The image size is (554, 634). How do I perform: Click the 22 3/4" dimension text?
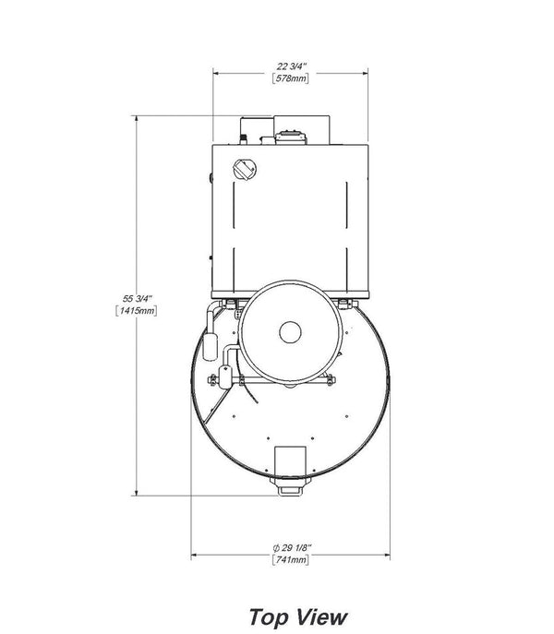coord(292,66)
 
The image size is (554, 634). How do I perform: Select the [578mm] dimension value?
coord(291,78)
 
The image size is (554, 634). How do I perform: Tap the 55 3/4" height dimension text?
coord(138,299)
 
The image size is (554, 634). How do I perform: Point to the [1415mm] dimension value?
coord(137,311)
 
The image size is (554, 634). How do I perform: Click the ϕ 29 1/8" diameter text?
coord(292,548)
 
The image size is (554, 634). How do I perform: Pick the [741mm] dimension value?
coord(291,560)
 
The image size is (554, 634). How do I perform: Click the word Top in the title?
coord(269,617)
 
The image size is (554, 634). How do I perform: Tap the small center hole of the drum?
coord(290,332)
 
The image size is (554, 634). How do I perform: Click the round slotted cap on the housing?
coord(245,170)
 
